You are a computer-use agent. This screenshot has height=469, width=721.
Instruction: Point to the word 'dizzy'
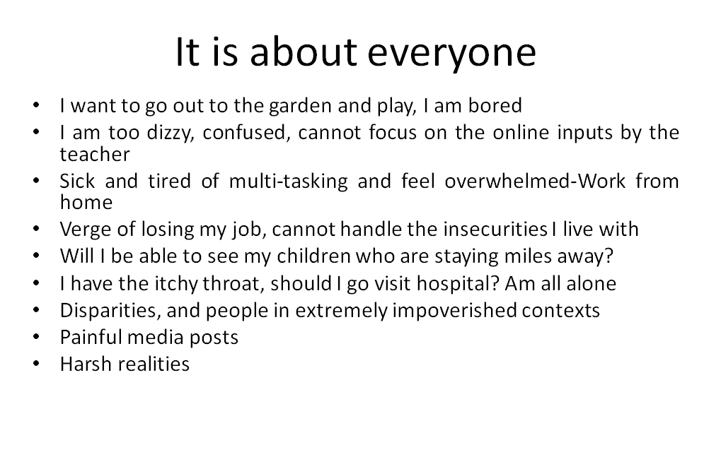coord(168,132)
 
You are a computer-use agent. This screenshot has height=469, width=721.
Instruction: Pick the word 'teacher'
coord(95,154)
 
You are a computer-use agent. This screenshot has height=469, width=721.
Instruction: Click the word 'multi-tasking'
coord(288,181)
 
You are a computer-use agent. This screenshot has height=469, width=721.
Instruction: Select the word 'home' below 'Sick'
coord(86,203)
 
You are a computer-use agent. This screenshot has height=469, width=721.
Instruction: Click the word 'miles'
coord(528,256)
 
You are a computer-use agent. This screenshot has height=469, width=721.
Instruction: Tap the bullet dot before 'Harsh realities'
coord(37,364)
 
